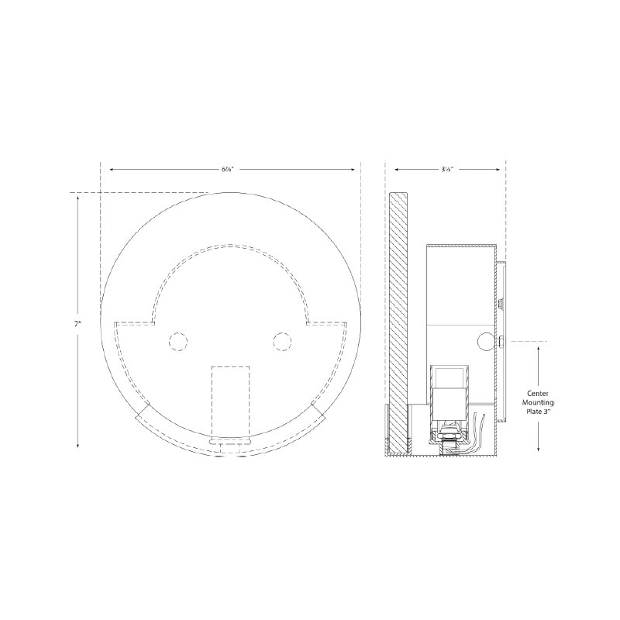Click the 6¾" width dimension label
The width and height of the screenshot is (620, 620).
coord(227,169)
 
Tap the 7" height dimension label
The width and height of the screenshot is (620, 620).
coord(77,323)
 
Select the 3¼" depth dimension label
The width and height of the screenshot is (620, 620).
coord(447,169)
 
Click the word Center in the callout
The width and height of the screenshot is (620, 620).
coord(538,394)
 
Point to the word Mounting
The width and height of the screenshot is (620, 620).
coord(538,402)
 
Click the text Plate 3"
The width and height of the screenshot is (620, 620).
coord(538,412)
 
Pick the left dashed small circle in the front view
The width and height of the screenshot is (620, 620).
coord(178,341)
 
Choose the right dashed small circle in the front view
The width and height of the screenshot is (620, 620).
coord(282,341)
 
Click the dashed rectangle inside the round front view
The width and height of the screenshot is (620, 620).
coord(230,401)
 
